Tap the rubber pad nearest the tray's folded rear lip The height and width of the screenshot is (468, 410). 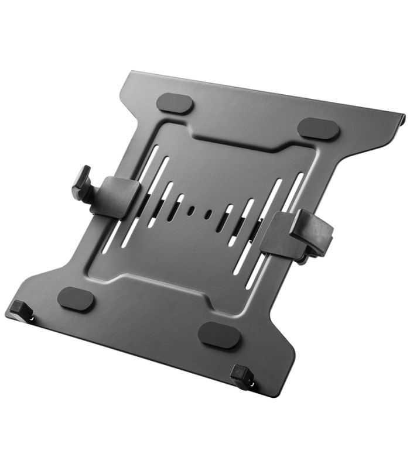click(318, 129)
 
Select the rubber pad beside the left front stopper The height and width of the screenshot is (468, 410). click(76, 299)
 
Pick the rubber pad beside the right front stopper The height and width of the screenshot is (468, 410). click(219, 335)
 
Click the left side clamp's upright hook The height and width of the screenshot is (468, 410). click(81, 182)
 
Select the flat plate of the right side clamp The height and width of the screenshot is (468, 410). click(281, 234)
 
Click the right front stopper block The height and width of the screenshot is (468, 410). click(240, 374)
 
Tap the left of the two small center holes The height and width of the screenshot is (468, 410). click(191, 211)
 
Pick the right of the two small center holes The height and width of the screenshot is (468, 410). click(208, 215)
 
